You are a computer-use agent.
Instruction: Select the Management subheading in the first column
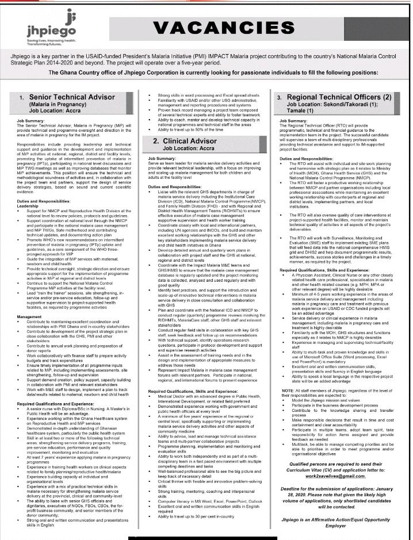pos(29,316)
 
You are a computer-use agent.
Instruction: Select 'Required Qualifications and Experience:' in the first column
pos(55,404)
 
